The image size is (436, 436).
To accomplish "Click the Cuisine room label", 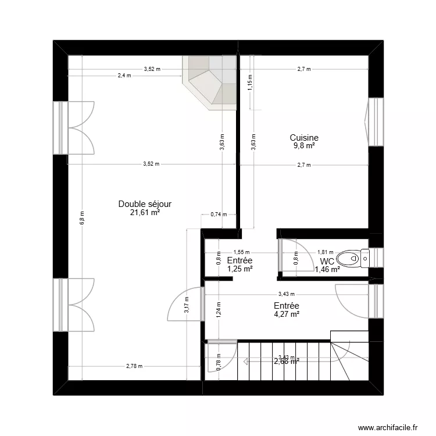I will (304, 138).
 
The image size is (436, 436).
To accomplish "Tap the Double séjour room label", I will (145, 204).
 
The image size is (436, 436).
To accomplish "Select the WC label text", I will (327, 261).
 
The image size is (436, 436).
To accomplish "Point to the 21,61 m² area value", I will (145, 212).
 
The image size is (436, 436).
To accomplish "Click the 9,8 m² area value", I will (304, 146).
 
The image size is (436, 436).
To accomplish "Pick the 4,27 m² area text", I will (286, 315).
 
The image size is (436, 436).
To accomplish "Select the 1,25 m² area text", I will (240, 269).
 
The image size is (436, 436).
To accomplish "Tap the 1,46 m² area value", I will (327, 269).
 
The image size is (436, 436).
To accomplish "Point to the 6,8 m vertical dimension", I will (82, 218).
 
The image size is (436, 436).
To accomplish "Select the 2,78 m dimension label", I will (134, 366).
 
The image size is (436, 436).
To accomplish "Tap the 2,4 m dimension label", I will (124, 76).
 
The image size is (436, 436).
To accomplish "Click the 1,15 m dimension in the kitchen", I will (251, 81).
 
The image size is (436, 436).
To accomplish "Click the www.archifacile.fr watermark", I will (388, 427).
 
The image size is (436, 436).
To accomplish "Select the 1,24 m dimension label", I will (218, 310).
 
